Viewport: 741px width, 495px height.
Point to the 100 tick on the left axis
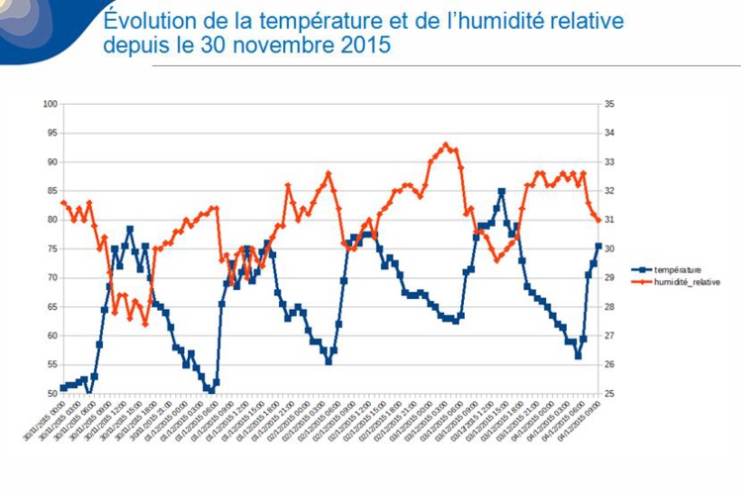(48, 104)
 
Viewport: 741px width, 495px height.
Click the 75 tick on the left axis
(50, 248)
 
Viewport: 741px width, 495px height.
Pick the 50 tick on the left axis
(50, 393)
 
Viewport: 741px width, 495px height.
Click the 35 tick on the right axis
(609, 104)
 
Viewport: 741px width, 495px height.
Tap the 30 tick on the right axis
(609, 248)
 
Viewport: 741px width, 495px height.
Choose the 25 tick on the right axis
(609, 393)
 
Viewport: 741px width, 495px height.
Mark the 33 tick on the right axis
(609, 161)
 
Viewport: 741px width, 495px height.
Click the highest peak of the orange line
(446, 145)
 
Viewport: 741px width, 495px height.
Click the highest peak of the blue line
(502, 191)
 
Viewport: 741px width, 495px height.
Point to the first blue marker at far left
(63, 388)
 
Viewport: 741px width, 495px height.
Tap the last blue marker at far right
(599, 246)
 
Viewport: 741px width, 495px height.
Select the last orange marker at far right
(599, 220)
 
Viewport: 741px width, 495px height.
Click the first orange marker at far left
(63, 202)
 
